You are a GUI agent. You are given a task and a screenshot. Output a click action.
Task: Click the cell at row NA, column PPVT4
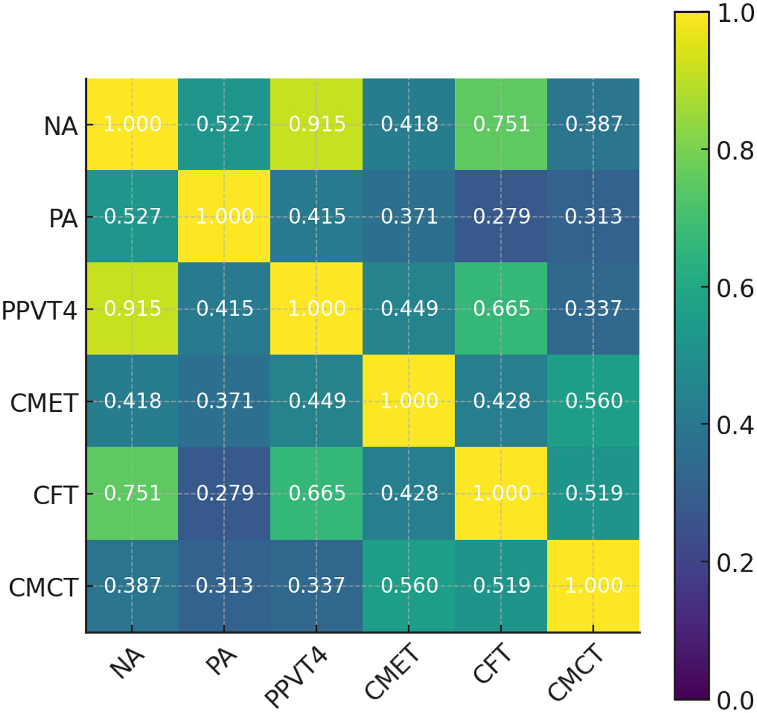pyautogui.click(x=316, y=124)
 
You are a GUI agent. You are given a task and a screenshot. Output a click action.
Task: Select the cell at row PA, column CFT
pyautogui.click(x=501, y=216)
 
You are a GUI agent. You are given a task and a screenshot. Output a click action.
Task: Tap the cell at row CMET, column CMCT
pyautogui.click(x=594, y=401)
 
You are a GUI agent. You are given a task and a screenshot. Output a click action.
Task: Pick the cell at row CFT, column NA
pyautogui.click(x=132, y=493)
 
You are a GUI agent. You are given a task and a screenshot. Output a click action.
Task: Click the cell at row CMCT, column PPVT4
pyautogui.click(x=316, y=586)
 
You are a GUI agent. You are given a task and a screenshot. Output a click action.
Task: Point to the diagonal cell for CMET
pyautogui.click(x=409, y=401)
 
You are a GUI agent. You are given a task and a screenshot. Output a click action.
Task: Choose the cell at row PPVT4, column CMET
pyautogui.click(x=409, y=309)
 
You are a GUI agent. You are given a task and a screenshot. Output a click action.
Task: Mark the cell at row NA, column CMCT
pyautogui.click(x=594, y=124)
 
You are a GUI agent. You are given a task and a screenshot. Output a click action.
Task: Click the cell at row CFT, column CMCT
pyautogui.click(x=594, y=493)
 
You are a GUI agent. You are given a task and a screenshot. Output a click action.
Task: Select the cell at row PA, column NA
pyautogui.click(x=132, y=216)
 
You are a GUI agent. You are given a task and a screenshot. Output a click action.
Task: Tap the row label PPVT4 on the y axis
pyautogui.click(x=40, y=310)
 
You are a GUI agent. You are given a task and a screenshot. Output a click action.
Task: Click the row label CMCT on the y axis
pyautogui.click(x=44, y=587)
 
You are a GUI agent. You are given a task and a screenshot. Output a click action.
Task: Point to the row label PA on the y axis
pyautogui.click(x=63, y=218)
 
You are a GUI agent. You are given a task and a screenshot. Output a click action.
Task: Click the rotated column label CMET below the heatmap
pyautogui.click(x=392, y=671)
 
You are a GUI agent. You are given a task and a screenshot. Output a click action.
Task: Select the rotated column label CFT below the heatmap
pyautogui.click(x=492, y=663)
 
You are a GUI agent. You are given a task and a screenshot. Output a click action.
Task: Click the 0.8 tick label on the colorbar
pyautogui.click(x=735, y=151)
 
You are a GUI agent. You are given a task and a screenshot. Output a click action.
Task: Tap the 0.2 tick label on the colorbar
pyautogui.click(x=735, y=563)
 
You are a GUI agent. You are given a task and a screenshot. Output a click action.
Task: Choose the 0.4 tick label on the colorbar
pyautogui.click(x=735, y=426)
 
